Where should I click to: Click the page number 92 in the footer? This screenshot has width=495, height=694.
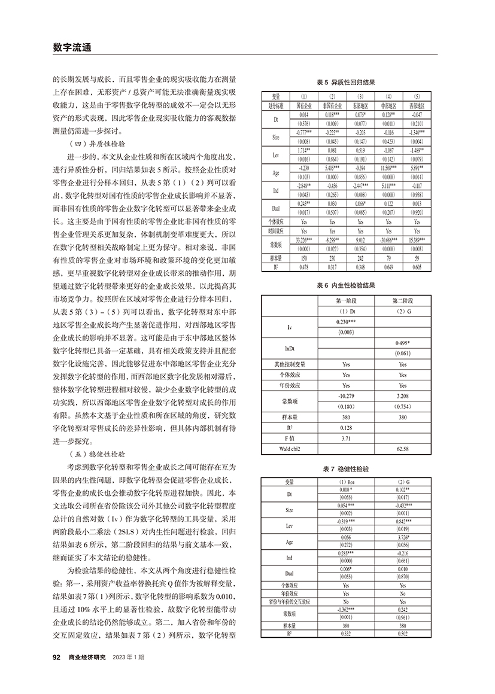[57, 657]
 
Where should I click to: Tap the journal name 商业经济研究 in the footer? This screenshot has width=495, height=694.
[87, 657]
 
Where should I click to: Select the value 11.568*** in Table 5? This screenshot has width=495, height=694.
[389, 169]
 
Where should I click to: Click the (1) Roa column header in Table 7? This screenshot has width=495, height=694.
[347, 482]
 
